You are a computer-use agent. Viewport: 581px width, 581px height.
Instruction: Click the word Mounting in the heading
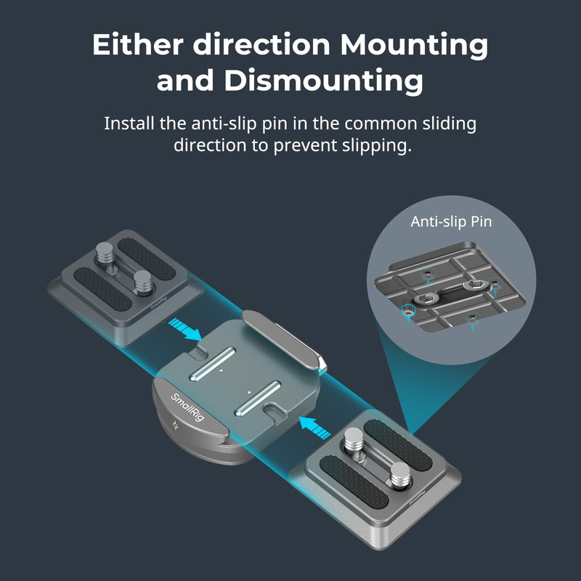tap(414, 45)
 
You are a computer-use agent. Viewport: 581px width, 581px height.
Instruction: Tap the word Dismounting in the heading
tap(323, 80)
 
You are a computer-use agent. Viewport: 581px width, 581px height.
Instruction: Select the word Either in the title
tap(137, 44)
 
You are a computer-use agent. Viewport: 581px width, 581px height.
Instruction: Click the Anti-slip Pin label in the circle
tap(451, 222)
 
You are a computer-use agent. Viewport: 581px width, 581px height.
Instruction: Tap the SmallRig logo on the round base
tap(187, 407)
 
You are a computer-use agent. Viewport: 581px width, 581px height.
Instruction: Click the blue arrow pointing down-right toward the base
tap(185, 330)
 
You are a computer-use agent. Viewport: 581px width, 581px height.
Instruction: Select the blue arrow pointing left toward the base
tap(314, 428)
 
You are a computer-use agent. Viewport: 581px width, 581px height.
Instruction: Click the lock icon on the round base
tap(176, 426)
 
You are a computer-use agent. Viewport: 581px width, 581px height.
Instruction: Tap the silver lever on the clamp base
tap(283, 339)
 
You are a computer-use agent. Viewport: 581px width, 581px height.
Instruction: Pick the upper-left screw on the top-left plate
tap(105, 252)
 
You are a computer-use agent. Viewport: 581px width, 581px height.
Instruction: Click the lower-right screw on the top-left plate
tap(143, 282)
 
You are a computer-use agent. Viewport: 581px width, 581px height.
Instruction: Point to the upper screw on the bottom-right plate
tap(354, 440)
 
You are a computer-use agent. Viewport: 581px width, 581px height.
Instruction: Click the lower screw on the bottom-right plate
tap(401, 474)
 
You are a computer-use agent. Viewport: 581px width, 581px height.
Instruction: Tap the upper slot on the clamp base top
tap(212, 365)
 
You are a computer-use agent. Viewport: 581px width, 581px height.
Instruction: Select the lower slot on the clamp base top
tap(258, 398)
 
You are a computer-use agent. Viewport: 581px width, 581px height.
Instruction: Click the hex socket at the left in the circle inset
tap(426, 298)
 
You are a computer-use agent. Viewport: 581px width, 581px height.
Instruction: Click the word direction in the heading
tap(261, 44)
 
